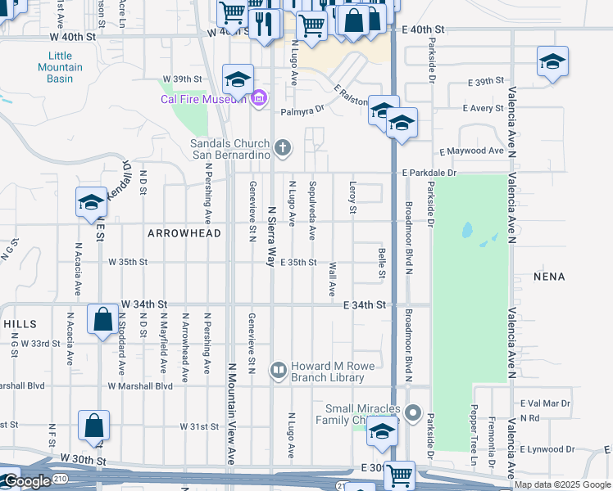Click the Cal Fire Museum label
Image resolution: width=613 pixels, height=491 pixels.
pyautogui.click(x=204, y=99)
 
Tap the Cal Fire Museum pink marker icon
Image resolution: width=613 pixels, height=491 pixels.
pyautogui.click(x=259, y=98)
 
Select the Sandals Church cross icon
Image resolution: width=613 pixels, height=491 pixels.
pyautogui.click(x=283, y=148)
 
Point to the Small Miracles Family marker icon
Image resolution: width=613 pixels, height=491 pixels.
pyautogui.click(x=413, y=413)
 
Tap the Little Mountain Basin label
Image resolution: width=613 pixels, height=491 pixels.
pyautogui.click(x=60, y=67)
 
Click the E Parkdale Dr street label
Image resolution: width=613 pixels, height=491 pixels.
pyautogui.click(x=429, y=173)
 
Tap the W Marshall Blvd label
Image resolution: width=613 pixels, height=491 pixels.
pyautogui.click(x=140, y=385)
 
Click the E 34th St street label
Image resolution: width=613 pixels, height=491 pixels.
pyautogui.click(x=364, y=305)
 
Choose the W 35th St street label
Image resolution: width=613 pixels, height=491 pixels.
pyautogui.click(x=128, y=263)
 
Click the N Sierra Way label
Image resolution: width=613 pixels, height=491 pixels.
pyautogui.click(x=270, y=236)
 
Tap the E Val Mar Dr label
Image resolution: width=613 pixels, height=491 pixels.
pyautogui.click(x=545, y=403)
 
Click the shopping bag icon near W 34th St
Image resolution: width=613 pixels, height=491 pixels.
pyautogui.click(x=103, y=319)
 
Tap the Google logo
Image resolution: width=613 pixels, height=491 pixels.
pyautogui.click(x=26, y=481)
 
